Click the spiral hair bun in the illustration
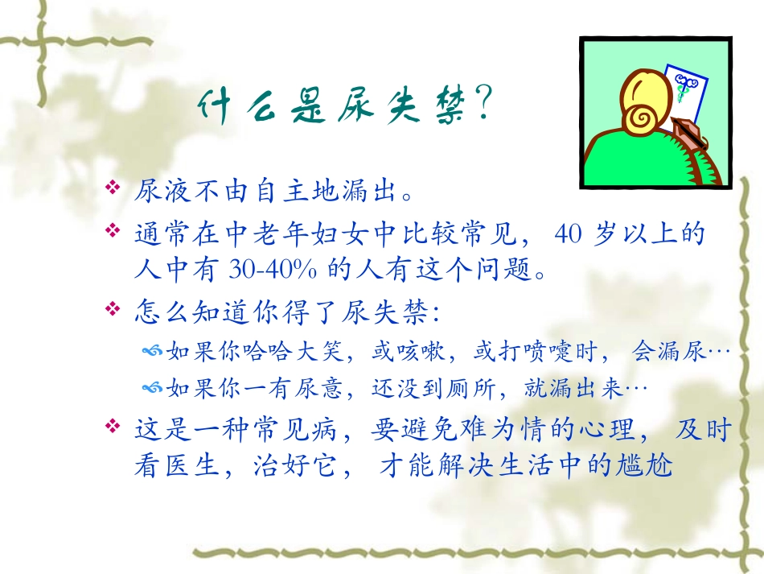(643, 118)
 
